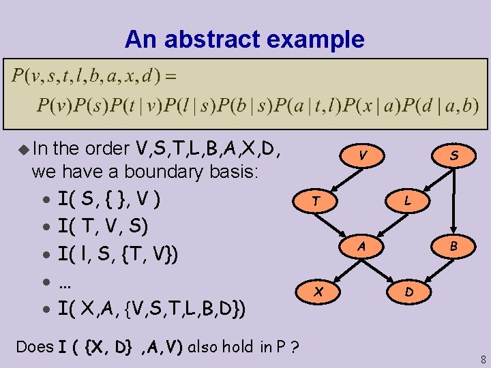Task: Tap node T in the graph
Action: click(315, 201)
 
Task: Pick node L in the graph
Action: click(407, 201)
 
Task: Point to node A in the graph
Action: click(363, 245)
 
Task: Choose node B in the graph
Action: click(453, 247)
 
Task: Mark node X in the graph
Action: click(317, 291)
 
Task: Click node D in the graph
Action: click(408, 292)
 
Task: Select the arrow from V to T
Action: click(340, 179)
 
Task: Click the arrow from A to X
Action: click(341, 268)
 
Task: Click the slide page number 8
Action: click(483, 358)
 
